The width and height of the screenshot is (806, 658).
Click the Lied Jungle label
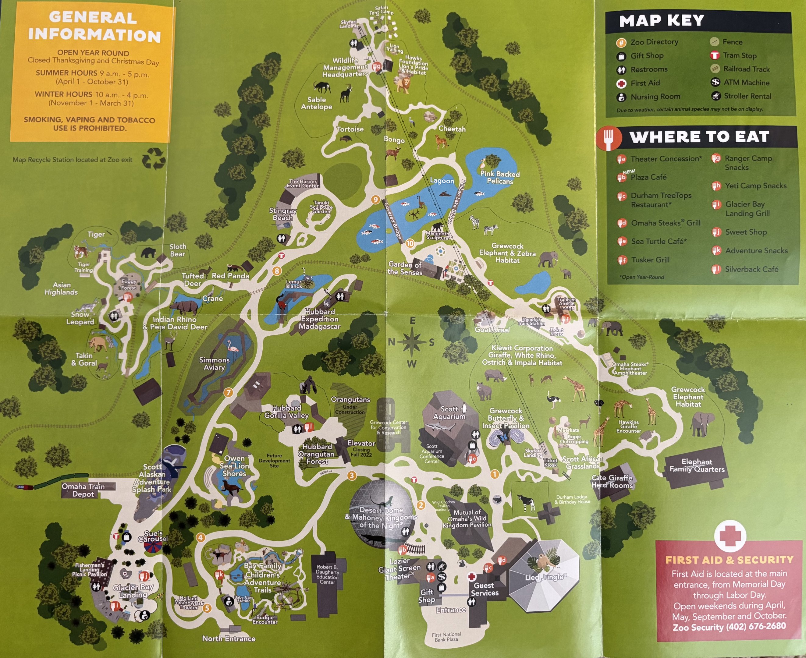pyautogui.click(x=545, y=577)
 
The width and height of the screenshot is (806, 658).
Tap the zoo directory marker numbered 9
pyautogui.click(x=375, y=200)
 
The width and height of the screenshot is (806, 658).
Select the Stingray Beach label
pyautogui.click(x=282, y=214)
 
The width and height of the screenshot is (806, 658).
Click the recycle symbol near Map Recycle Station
pyautogui.click(x=154, y=158)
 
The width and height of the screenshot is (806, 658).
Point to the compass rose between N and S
pyautogui.click(x=412, y=341)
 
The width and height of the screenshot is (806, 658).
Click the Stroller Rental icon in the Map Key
pyautogui.click(x=715, y=96)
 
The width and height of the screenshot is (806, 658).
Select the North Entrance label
pyautogui.click(x=229, y=639)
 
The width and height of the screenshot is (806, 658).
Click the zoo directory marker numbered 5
pyautogui.click(x=207, y=608)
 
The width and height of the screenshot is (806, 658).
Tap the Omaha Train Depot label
pyautogui.click(x=83, y=490)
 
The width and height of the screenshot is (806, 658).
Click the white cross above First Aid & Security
pyautogui.click(x=730, y=535)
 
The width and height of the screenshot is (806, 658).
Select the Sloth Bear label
pyautogui.click(x=177, y=250)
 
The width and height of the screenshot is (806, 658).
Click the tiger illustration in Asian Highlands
pyautogui.click(x=80, y=252)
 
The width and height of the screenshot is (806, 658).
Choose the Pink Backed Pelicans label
pyautogui.click(x=500, y=177)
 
